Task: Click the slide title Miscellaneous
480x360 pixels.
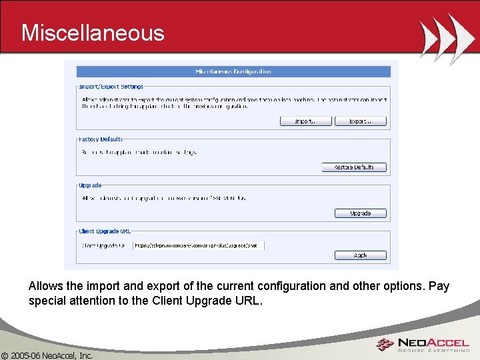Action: pos(92,33)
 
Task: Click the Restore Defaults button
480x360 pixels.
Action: pos(354,167)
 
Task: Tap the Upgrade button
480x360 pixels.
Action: pos(361,213)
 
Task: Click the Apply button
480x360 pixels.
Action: pos(361,255)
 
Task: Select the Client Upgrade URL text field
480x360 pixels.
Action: pos(198,245)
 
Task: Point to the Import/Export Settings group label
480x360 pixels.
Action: pos(111,87)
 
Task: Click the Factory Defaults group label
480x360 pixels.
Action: pos(101,139)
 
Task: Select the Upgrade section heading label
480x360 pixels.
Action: pos(90,185)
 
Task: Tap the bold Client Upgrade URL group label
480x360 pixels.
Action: pos(105,231)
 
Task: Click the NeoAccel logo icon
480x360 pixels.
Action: pos(385,345)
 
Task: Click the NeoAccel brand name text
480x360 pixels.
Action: pos(433,342)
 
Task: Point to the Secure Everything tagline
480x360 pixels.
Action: pos(433,351)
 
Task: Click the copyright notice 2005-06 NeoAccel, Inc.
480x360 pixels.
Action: pos(47,355)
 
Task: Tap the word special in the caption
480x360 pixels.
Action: pos(48,301)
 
